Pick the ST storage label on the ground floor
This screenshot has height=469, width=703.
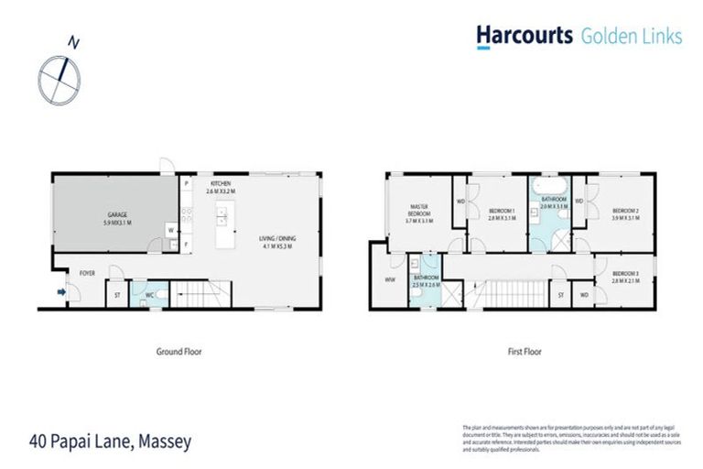pyautogui.click(x=117, y=295)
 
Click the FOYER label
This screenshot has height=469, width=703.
pyautogui.click(x=88, y=272)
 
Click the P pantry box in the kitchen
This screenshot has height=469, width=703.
pyautogui.click(x=186, y=184)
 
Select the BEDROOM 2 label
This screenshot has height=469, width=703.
pyautogui.click(x=625, y=213)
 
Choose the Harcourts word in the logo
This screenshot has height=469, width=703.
pyautogui.click(x=523, y=36)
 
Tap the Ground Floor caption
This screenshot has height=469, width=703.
pyautogui.click(x=178, y=351)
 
